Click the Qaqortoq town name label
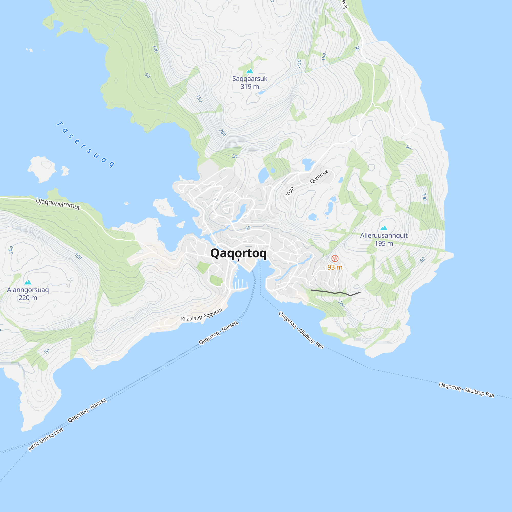click(x=238, y=253)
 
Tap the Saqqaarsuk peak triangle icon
click(x=250, y=71)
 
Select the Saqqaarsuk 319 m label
click(x=250, y=82)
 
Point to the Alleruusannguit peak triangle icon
click(x=384, y=228)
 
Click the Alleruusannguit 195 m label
click(x=384, y=239)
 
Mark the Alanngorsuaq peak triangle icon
click(x=28, y=282)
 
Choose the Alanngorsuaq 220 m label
click(x=28, y=294)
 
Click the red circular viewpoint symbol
click(x=335, y=258)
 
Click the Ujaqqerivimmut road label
click(x=58, y=204)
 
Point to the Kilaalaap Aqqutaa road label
click(x=202, y=315)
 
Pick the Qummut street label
click(x=319, y=176)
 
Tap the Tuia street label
click(x=290, y=191)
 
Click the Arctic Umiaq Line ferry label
click(x=46, y=439)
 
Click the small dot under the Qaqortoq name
click(x=238, y=260)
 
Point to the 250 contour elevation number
click(x=299, y=63)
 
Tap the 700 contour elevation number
click(x=155, y=49)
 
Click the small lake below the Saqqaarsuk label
click(x=262, y=92)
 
